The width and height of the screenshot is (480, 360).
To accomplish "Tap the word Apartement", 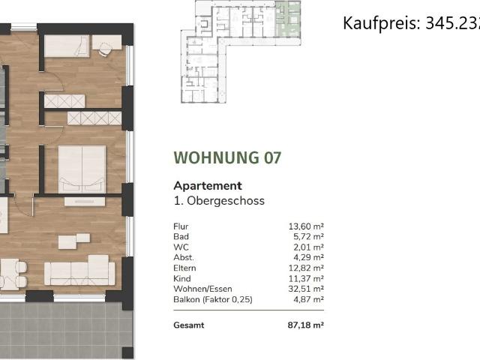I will tap(208, 185).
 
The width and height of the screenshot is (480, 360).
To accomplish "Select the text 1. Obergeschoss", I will tap(219, 200).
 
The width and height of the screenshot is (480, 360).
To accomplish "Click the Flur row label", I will tap(180, 226).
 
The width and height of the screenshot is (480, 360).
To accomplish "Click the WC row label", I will tap(180, 247).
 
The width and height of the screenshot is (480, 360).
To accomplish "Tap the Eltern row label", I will tap(184, 268).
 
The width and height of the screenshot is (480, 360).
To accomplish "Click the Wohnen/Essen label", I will tap(202, 289).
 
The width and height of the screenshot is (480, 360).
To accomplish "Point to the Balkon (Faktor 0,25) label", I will tap(211, 299).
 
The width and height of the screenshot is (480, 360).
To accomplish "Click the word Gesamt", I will tap(188, 325).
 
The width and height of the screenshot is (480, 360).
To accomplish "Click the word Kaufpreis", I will tap(371, 23).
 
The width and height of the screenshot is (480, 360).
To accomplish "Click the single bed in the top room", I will tap(67, 46).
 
